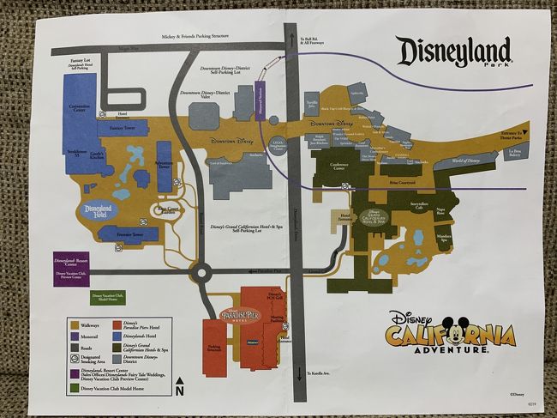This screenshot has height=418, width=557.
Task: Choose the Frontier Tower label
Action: coord(126,234)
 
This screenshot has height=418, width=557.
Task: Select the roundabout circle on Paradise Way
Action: coord(202,275)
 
